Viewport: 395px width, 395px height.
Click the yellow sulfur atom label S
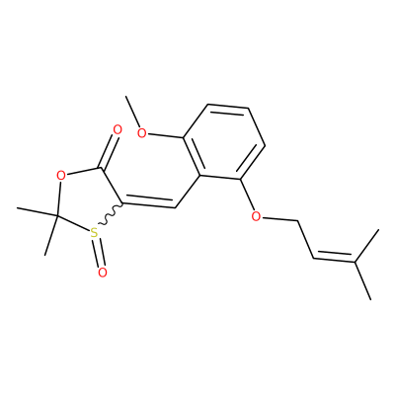click(x=94, y=233)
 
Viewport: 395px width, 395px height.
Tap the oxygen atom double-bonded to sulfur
click(x=103, y=273)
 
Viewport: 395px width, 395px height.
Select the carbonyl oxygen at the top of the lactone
click(x=118, y=129)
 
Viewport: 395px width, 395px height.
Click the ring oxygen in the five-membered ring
click(x=60, y=175)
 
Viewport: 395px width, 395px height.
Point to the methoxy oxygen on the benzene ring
click(x=142, y=133)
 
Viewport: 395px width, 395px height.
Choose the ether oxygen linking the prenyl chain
click(x=256, y=216)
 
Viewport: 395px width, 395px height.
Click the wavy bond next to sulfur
click(x=111, y=215)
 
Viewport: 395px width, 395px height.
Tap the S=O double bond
click(x=100, y=252)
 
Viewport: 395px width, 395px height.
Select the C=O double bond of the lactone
click(x=110, y=151)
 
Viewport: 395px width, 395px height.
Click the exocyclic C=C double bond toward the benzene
click(x=149, y=202)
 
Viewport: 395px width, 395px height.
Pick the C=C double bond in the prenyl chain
click(x=334, y=257)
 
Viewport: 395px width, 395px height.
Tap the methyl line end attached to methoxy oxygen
click(x=126, y=97)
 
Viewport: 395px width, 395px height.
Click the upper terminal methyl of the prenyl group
click(x=378, y=230)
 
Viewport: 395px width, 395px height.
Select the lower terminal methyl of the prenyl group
click(x=371, y=299)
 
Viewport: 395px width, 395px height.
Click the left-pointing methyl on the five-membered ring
click(x=18, y=208)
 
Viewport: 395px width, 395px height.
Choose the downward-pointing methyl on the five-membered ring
click(x=45, y=255)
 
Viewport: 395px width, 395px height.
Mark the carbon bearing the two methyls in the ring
click(x=56, y=216)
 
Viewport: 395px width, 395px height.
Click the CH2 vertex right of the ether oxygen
click(x=298, y=220)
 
